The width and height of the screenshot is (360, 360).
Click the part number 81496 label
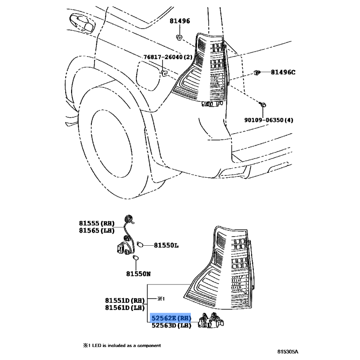point(180,21)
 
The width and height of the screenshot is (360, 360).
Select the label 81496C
point(283,72)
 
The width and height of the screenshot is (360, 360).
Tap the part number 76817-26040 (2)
point(168,57)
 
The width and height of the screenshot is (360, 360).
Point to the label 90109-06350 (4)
point(269,120)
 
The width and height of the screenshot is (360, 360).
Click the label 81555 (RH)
point(97,223)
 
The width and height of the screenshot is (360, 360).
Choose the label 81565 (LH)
point(97,230)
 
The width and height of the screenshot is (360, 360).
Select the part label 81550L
point(166,245)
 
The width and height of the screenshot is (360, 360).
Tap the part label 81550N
point(139,274)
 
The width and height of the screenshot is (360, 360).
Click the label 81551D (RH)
point(125,300)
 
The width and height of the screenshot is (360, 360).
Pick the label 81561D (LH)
point(125,307)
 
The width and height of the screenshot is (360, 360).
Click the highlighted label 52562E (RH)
point(171,318)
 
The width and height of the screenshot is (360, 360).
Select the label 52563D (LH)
point(171,325)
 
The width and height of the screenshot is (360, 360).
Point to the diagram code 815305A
point(288,351)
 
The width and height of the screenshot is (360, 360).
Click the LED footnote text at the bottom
point(122,345)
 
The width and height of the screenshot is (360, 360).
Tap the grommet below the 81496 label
point(179,37)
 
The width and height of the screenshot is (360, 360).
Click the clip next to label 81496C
point(257,72)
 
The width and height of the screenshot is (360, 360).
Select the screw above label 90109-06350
point(263,105)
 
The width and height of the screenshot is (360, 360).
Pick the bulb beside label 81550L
point(140,245)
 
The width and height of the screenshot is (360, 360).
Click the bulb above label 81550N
point(136,258)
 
